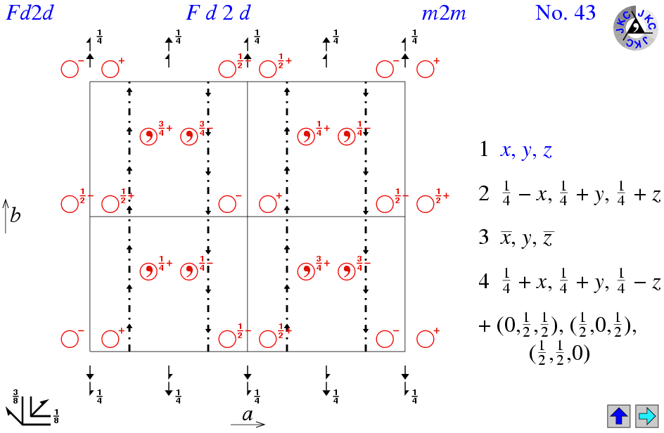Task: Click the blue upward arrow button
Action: click(618, 416)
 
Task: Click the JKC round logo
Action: click(636, 27)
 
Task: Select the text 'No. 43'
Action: click(566, 13)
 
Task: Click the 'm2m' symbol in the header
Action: click(444, 14)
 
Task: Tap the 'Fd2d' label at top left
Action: click(30, 13)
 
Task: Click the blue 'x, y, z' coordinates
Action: click(526, 150)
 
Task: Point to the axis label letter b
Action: click(15, 215)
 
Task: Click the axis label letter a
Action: click(248, 415)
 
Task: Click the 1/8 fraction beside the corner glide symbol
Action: click(56, 417)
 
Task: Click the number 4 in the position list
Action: click(484, 280)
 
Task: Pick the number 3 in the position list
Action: click(484, 237)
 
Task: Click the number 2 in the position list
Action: click(484, 193)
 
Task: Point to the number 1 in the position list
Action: click(484, 149)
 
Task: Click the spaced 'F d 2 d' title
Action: click(219, 13)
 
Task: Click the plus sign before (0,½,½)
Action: click(485, 327)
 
